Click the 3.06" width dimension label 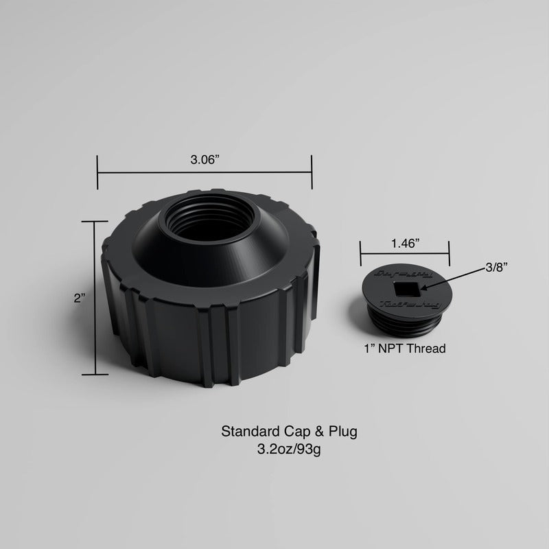[x=205, y=160]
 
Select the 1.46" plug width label [x=406, y=242]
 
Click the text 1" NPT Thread [x=405, y=349]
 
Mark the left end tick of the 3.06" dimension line [x=97, y=172]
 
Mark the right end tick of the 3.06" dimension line [x=312, y=172]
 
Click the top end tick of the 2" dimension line [x=95, y=221]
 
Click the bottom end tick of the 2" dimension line [x=95, y=375]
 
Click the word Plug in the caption [x=344, y=432]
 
